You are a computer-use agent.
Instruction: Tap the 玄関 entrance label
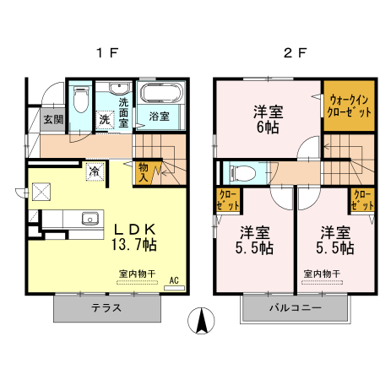pos(52,119)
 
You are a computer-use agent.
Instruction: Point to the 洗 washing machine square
pos(106,120)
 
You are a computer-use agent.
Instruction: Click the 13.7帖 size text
pos(133,245)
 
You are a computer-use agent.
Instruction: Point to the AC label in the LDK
pos(174,280)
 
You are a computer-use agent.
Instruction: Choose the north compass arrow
pos(203,322)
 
